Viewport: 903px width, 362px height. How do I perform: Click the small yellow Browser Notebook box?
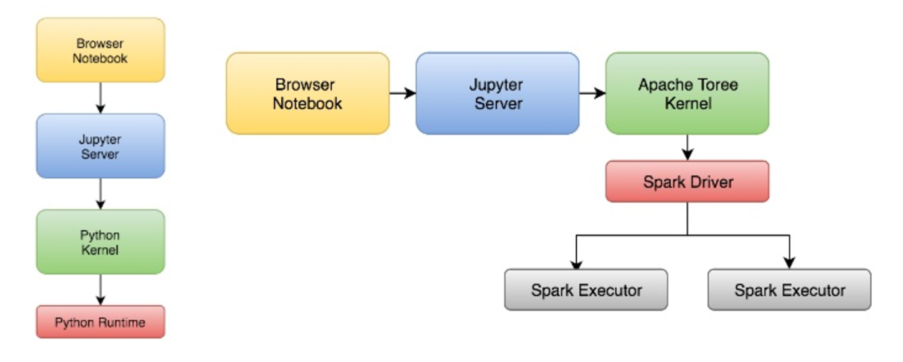(100, 50)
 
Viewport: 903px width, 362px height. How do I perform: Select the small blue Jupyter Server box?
(100, 145)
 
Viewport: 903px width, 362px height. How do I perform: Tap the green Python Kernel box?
(100, 242)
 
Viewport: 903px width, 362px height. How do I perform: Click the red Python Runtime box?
(100, 322)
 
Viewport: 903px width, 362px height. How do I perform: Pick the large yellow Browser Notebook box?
(307, 93)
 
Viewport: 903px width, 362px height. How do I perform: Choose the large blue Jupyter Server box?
(497, 93)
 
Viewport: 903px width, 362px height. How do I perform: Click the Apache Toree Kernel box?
(687, 93)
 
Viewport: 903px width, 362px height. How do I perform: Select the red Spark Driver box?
(687, 182)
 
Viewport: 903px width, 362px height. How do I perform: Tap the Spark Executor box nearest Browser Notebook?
(586, 290)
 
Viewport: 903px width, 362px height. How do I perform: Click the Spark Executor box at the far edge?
(789, 290)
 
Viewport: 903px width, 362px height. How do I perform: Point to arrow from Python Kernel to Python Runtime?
(100, 289)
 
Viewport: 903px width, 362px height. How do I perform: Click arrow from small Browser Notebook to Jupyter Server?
(100, 97)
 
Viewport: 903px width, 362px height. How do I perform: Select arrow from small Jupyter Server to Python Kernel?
(100, 193)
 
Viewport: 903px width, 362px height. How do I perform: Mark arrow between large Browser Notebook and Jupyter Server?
(402, 94)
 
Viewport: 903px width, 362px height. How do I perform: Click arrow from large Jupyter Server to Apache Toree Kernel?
(592, 94)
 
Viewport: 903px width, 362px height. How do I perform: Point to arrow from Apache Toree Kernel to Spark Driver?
(687, 147)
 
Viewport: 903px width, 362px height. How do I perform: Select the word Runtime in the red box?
(122, 323)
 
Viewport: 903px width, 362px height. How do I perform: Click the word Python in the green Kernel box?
(100, 235)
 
